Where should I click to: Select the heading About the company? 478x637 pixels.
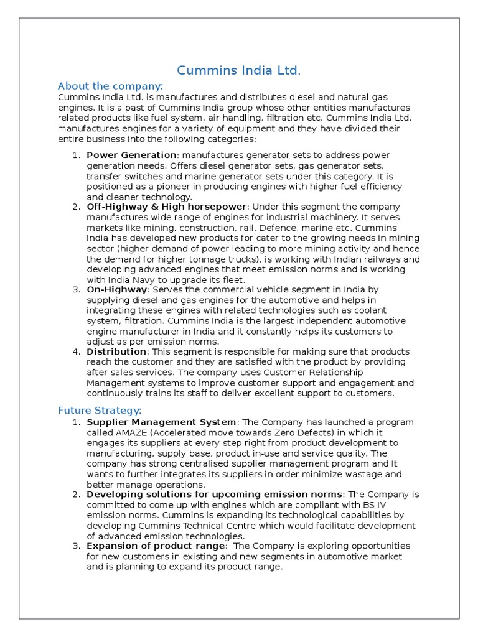click(110, 86)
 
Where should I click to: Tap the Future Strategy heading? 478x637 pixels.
click(100, 410)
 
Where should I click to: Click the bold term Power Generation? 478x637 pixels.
click(131, 155)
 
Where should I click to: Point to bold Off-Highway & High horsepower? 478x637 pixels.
click(167, 207)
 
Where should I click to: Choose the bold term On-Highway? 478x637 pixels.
click(117, 289)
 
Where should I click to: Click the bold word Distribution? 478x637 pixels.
click(116, 351)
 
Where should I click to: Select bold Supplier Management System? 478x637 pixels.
click(161, 422)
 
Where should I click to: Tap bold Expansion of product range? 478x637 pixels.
click(156, 546)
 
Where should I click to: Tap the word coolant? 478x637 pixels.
click(368, 310)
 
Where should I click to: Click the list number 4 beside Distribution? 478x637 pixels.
click(75, 351)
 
